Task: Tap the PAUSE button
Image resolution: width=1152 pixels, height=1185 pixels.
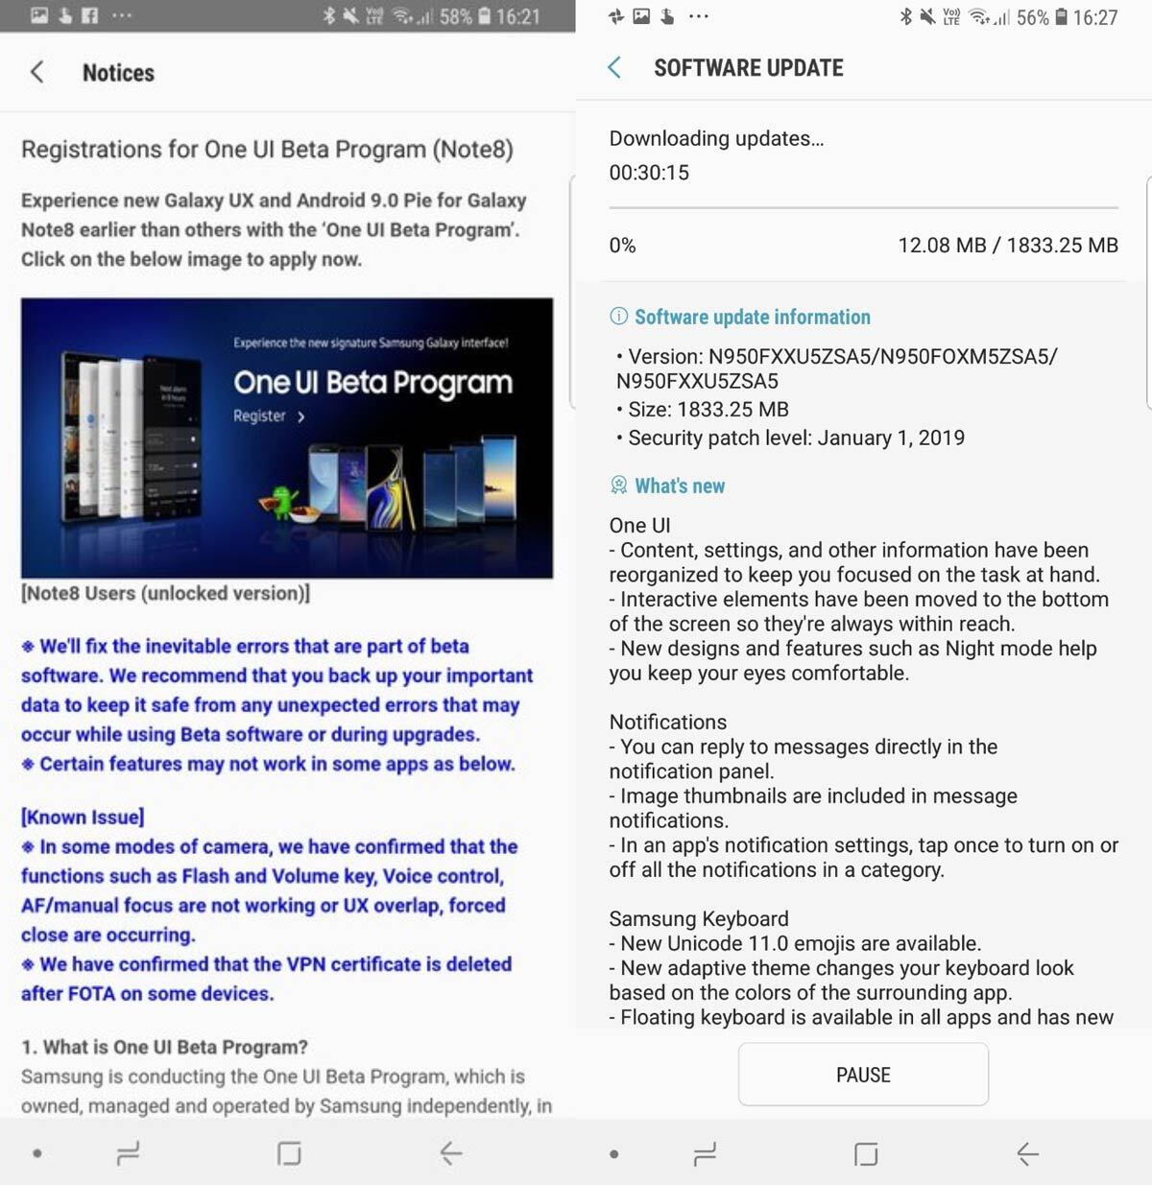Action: point(863,1075)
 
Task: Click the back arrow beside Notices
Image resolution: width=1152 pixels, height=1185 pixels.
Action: point(37,72)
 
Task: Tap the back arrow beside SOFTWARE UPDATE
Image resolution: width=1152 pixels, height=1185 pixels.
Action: point(614,67)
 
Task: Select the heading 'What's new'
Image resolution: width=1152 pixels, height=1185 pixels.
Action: point(679,486)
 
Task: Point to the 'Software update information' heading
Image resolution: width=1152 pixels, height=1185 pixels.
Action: point(752,317)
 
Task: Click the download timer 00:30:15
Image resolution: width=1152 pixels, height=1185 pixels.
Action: point(649,173)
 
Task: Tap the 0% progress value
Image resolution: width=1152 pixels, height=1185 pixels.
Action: point(622,246)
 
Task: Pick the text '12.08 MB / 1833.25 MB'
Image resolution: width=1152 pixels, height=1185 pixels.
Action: point(1007,246)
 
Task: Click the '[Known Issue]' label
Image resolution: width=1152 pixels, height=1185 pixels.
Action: point(83,818)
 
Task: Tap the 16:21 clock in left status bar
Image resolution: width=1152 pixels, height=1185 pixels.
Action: point(517,16)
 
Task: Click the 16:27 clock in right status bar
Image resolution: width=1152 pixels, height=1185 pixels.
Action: point(1094,17)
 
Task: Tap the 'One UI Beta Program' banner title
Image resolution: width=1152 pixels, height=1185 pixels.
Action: point(372,383)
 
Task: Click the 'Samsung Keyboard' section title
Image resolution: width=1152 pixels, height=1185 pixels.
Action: point(698,918)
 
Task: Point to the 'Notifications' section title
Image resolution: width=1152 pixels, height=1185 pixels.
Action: point(667,722)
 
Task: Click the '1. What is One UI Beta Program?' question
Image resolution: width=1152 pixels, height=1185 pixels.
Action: point(164,1047)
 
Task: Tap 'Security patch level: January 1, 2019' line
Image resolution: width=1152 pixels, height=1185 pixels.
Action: point(796,438)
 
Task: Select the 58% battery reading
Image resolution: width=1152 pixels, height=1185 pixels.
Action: point(455,16)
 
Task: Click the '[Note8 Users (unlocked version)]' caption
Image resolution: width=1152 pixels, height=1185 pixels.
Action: point(165,593)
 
